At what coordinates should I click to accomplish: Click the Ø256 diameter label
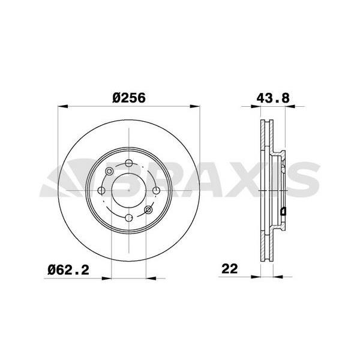[129, 98]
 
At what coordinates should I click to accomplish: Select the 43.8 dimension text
[273, 98]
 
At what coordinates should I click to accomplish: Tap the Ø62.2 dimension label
[68, 270]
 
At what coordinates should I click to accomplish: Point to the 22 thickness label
[230, 269]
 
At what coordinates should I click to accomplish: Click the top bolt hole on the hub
[129, 163]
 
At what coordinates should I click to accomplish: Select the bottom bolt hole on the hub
[129, 218]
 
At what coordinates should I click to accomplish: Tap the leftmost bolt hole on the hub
[101, 190]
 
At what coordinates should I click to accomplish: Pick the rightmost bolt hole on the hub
[157, 190]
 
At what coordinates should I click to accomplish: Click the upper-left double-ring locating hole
[109, 171]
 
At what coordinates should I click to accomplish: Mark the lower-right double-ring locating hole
[148, 209]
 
